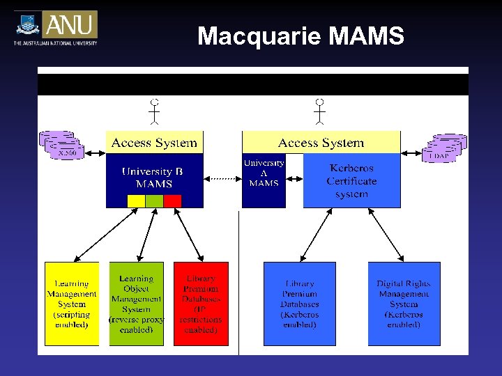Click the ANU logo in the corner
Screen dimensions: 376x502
[x=56, y=27]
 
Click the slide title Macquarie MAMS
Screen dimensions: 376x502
[x=301, y=36]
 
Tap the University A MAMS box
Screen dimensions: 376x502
[x=264, y=173]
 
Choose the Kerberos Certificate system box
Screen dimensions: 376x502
[x=351, y=180]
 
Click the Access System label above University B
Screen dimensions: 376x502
[x=154, y=143]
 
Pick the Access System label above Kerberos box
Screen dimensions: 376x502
[x=321, y=143]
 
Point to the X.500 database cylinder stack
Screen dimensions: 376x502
[x=62, y=145]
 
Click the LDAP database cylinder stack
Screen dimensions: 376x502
[x=444, y=148]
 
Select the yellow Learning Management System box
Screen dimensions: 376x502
[x=72, y=304]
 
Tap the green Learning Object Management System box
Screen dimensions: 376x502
[x=136, y=304]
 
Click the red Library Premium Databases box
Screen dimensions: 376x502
[x=201, y=304]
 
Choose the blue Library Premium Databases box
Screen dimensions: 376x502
[x=299, y=304]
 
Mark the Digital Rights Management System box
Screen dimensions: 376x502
[x=404, y=304]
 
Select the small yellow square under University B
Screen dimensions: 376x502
[x=137, y=201]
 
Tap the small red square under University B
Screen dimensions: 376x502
[x=172, y=201]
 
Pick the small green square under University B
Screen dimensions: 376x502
[x=154, y=201]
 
